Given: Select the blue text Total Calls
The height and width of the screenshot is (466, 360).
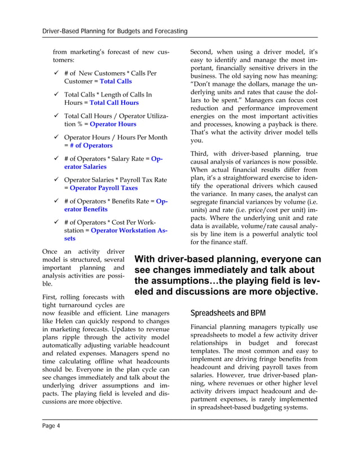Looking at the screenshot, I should click(116, 82).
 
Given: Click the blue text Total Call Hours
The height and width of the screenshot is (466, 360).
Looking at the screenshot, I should click(114, 103).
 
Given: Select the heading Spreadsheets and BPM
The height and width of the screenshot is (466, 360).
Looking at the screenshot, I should click(224, 313).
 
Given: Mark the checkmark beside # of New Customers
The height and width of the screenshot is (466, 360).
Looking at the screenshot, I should click(56, 73).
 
